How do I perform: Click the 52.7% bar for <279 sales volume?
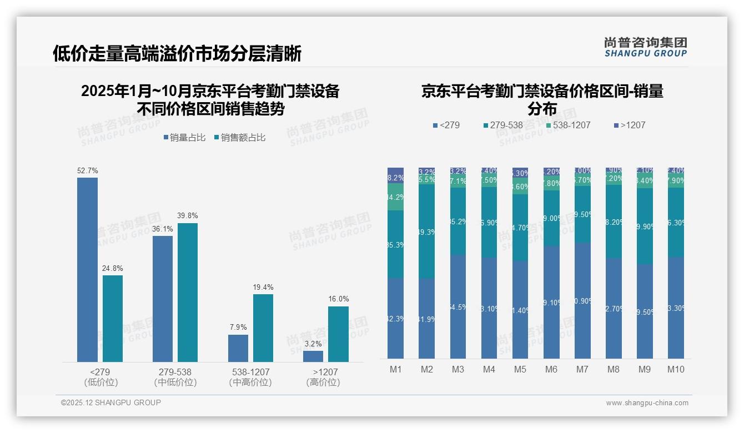pyautogui.click(x=87, y=270)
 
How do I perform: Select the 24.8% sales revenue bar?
pyautogui.click(x=112, y=319)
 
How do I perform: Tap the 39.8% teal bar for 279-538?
pyautogui.click(x=188, y=293)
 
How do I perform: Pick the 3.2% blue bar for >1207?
pyautogui.click(x=313, y=356)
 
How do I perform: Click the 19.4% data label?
pyautogui.click(x=263, y=288)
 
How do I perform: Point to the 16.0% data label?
pyautogui.click(x=338, y=299)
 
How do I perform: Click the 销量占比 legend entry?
pyautogui.click(x=187, y=138)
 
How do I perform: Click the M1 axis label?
pyautogui.click(x=395, y=369)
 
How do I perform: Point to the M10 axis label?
pyautogui.click(x=675, y=369)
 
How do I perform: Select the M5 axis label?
pyautogui.click(x=520, y=369)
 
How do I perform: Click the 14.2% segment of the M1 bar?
pyautogui.click(x=395, y=197)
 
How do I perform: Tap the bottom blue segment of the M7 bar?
pyautogui.click(x=582, y=300)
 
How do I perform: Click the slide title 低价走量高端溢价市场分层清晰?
pyautogui.click(x=177, y=54)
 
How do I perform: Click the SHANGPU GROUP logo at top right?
pyautogui.click(x=645, y=47)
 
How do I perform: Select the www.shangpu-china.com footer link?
pyautogui.click(x=647, y=403)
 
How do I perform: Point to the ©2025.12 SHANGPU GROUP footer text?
pyautogui.click(x=111, y=403)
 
